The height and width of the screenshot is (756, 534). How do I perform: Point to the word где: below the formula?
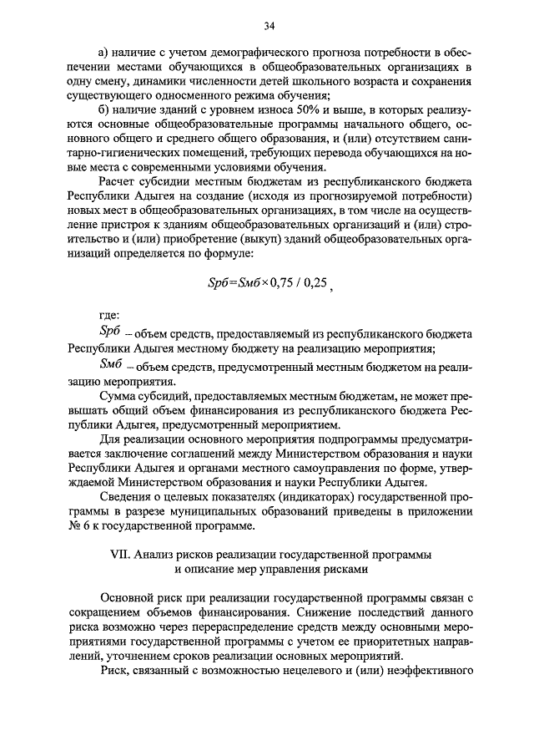pos(108,316)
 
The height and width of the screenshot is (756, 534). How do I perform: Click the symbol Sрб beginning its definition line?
pos(110,332)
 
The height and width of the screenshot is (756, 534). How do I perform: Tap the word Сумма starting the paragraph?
pos(117,393)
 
